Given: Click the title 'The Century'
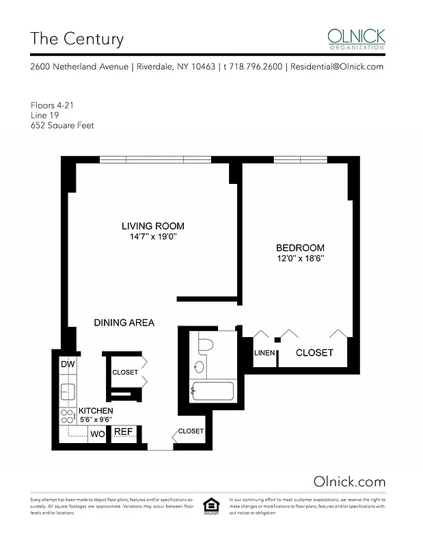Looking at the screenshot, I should tap(77, 38).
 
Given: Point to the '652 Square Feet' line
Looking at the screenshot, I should tap(62, 126).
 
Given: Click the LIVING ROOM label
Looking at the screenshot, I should tap(152, 226).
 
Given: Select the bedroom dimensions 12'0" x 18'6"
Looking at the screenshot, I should tap(299, 258).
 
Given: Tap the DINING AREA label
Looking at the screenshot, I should tap(124, 323).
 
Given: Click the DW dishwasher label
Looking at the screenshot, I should tap(67, 364).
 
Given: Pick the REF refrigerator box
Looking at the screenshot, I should tap(122, 432).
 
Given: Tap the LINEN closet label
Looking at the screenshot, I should tap(264, 353).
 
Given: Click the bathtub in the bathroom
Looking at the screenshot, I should tap(212, 392).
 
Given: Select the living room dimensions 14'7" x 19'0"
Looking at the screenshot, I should tap(153, 237).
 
